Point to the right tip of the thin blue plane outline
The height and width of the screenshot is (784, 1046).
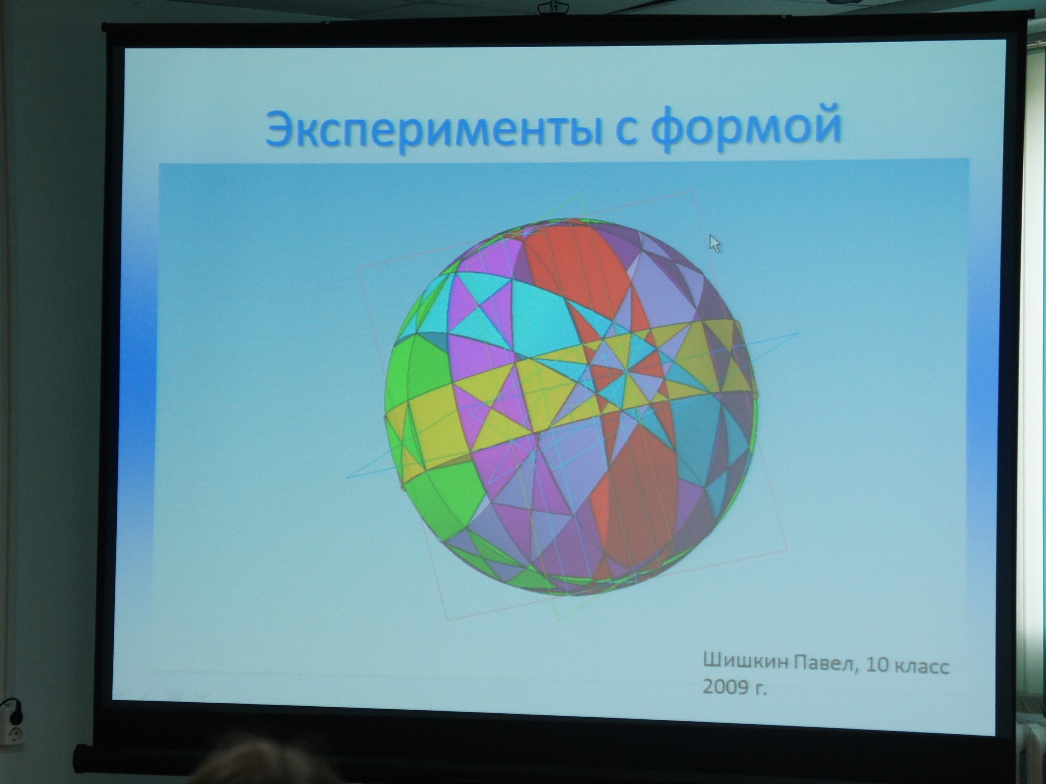click(x=798, y=334)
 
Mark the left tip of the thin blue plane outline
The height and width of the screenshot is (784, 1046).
click(x=347, y=477)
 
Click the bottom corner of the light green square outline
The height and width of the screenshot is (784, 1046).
click(x=558, y=620)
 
